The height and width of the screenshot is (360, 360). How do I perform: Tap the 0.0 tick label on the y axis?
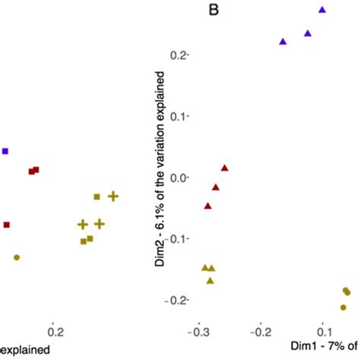[x=179, y=178]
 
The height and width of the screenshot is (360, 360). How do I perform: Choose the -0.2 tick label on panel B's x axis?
[x=261, y=332]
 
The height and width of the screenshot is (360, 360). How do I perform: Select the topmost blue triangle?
[x=322, y=10]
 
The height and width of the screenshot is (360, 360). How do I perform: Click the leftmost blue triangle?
[x=283, y=41]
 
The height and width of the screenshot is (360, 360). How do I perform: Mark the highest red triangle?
[x=224, y=167]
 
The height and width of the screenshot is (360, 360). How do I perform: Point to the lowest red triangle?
[x=208, y=206]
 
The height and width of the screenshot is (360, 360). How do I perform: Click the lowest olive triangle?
[x=210, y=281]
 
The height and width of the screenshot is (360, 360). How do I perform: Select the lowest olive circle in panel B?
[x=343, y=308]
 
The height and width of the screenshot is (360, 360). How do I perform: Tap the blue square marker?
[x=5, y=151]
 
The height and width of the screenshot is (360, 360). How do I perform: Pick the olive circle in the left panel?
[x=17, y=257]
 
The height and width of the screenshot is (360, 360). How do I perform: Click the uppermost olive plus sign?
[x=112, y=196]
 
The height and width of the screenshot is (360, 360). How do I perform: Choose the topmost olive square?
[x=97, y=197]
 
